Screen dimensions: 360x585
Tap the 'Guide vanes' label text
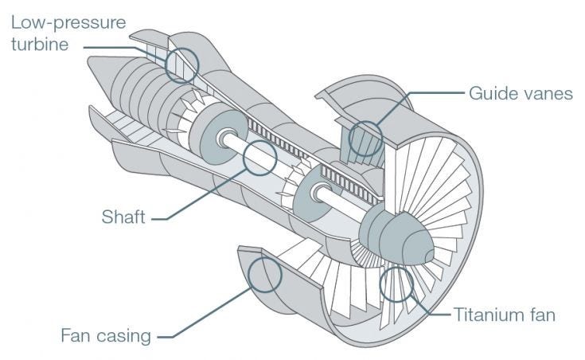click(520, 93)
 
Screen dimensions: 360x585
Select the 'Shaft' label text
click(123, 217)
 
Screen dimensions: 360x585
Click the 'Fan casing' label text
click(106, 335)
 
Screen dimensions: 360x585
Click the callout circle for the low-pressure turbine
click(181, 63)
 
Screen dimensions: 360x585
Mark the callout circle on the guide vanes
click(366, 137)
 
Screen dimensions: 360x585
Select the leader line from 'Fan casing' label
click(207, 315)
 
